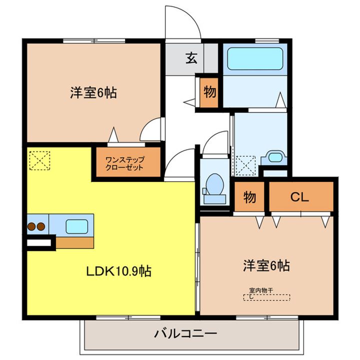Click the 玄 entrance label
click(x=191, y=58)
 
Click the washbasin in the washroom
click(x=274, y=157)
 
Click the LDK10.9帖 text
click(x=119, y=271)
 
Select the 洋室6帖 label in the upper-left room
click(x=93, y=92)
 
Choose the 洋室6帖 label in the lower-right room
click(x=266, y=265)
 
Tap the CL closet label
click(x=300, y=196)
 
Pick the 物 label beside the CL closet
click(x=249, y=197)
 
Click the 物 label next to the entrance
click(x=209, y=92)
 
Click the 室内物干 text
click(x=261, y=290)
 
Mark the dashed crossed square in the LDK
click(x=39, y=160)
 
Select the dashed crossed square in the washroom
click(x=245, y=165)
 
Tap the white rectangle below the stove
click(x=38, y=244)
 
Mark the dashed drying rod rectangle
click(x=267, y=297)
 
